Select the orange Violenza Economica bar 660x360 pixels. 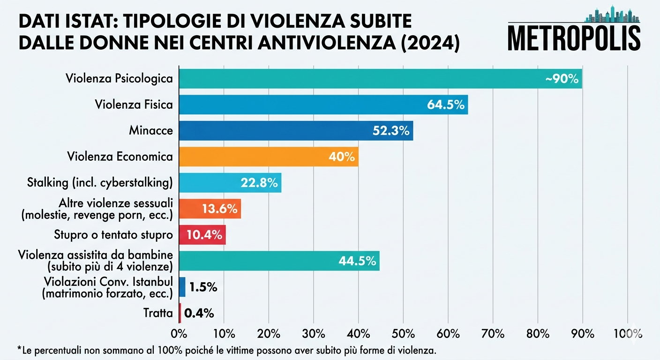pos(269,157)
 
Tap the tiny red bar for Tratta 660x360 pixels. pos(180,313)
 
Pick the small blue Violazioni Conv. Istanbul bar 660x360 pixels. pos(182,287)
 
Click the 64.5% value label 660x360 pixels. pos(445,105)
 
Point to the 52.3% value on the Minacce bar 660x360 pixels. pos(391,131)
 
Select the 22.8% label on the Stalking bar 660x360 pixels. pos(259,183)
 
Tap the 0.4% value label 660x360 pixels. pos(199,313)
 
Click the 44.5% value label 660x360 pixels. pos(357,261)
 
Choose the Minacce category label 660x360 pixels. pos(151,131)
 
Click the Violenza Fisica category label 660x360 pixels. pos(134,105)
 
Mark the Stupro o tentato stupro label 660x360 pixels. pos(121,235)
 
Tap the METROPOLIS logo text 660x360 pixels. pos(574,38)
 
